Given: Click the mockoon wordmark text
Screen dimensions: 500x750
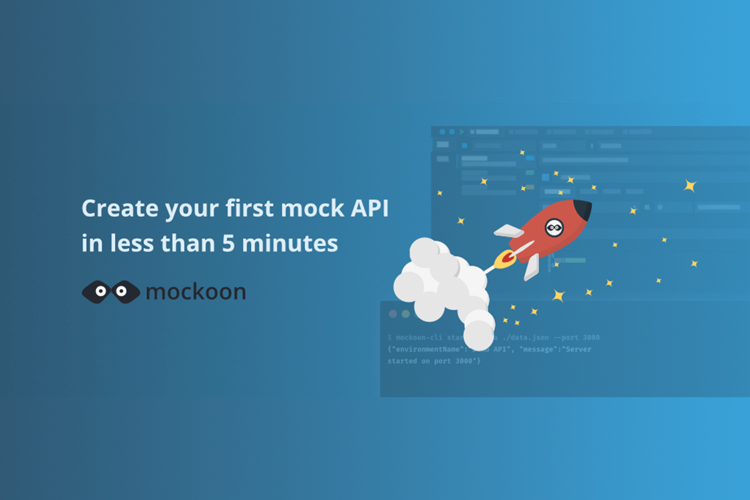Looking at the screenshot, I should pos(196,292).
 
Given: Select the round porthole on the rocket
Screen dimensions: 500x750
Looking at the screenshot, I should pos(554,228).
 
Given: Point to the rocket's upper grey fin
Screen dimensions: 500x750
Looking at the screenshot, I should pos(507,231).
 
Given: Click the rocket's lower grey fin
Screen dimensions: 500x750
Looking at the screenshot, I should pos(531,266).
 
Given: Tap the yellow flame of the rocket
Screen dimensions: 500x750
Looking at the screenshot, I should pos(502,260).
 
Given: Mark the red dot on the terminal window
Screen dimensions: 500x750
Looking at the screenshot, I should pos(392,314).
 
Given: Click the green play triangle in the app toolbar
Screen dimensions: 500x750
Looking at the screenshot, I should pos(462,132).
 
